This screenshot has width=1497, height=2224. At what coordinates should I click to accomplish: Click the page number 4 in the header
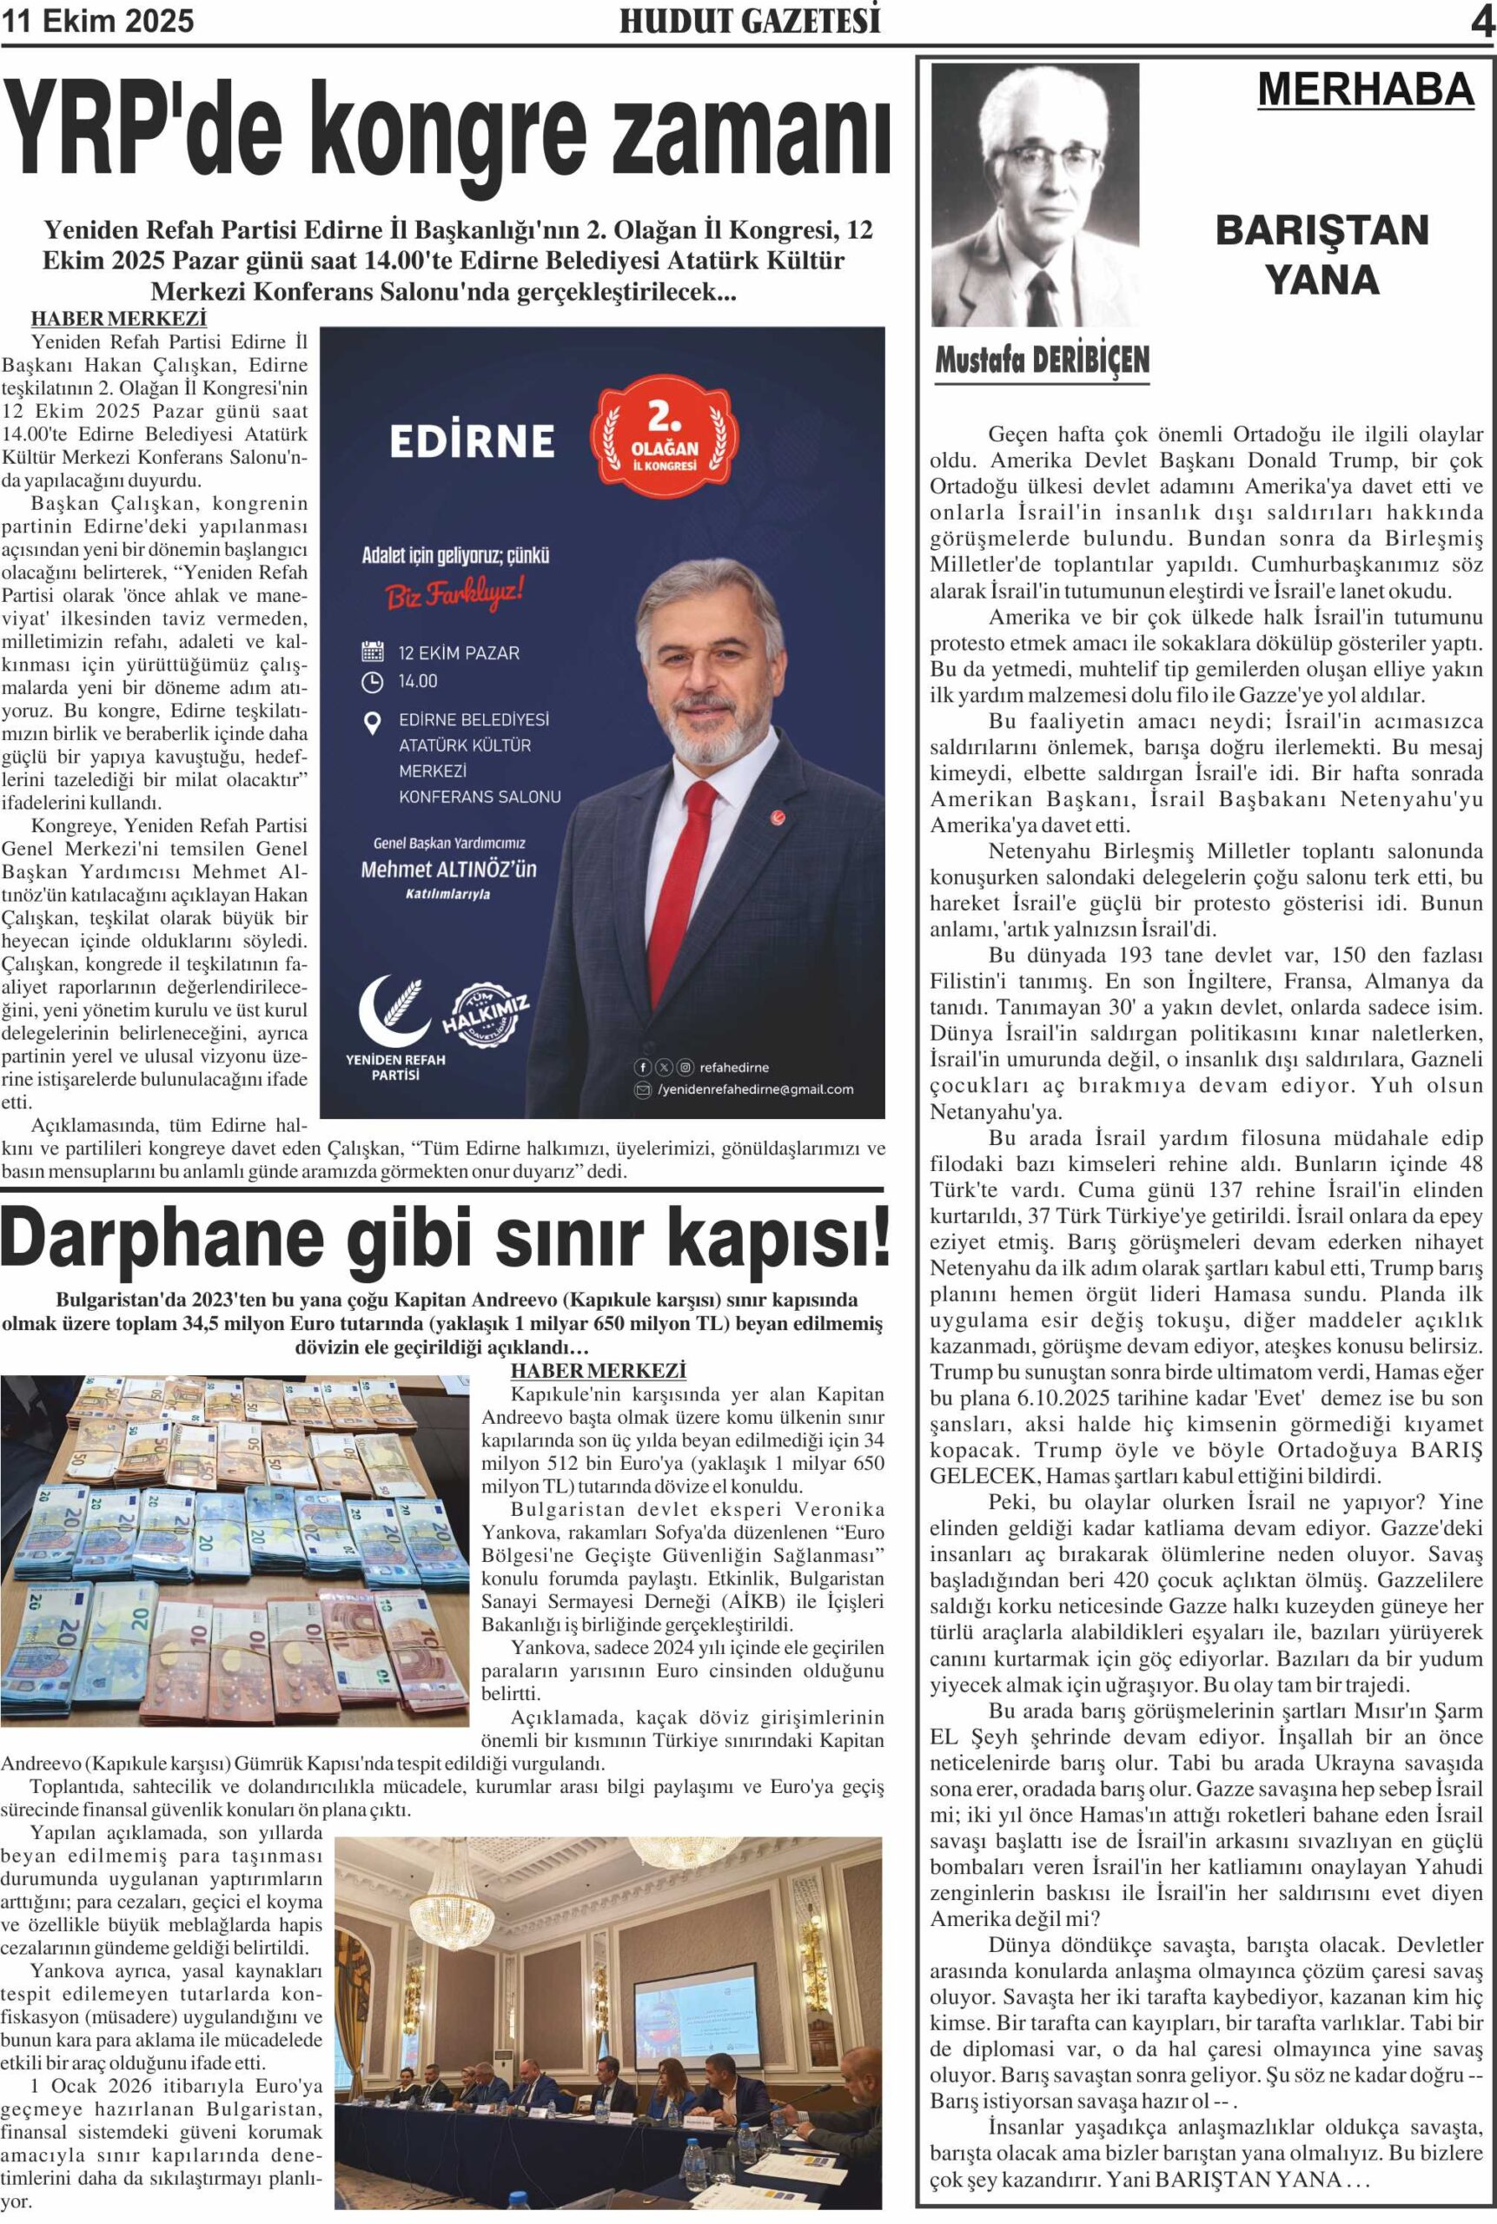(1480, 22)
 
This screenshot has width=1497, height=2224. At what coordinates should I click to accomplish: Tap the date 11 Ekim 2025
(98, 21)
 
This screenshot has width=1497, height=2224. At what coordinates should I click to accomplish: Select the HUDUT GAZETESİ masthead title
(750, 21)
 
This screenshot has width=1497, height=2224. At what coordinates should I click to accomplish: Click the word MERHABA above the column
(1365, 89)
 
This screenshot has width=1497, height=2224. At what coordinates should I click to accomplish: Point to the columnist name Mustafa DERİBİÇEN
(1042, 360)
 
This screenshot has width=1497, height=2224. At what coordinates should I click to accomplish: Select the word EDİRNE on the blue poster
(472, 441)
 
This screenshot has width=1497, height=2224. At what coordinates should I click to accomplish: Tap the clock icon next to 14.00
(373, 681)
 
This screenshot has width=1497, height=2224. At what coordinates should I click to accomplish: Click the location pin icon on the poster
(374, 724)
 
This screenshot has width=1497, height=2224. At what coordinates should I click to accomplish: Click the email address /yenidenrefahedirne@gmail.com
(755, 1089)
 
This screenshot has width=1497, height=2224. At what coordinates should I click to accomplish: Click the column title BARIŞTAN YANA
(1321, 255)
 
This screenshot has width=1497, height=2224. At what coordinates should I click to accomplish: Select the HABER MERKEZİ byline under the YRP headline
(118, 319)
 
